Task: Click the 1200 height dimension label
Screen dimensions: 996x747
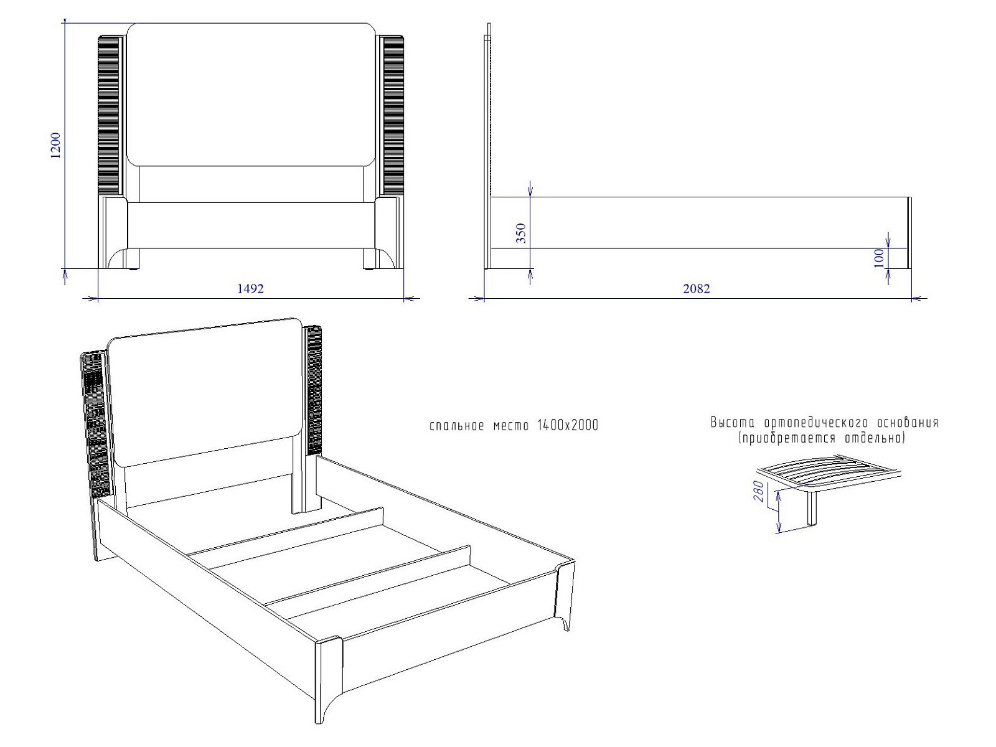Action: [55, 145]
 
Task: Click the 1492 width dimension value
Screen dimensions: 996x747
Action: [250, 288]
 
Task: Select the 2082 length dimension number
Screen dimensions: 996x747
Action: [697, 288]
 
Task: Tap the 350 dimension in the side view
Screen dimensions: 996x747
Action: [522, 233]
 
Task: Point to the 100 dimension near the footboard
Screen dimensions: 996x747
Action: [879, 258]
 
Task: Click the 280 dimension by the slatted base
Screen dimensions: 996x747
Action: [758, 491]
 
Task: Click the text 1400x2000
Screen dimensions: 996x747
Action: [568, 425]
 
